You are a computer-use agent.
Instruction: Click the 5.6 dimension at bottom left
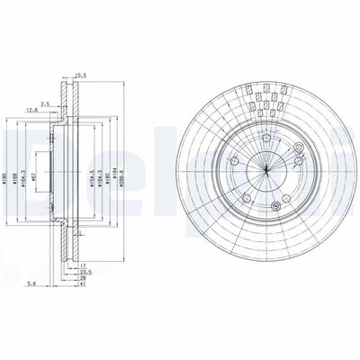[32, 283]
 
